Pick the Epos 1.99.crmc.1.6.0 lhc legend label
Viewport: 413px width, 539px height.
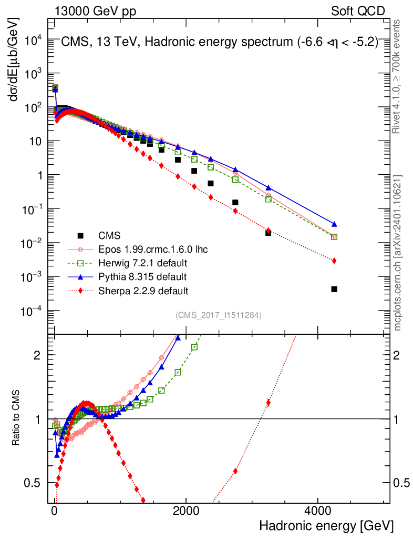coord(153,249)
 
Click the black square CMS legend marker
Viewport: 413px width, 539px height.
coord(80,235)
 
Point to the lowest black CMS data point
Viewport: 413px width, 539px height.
coord(334,289)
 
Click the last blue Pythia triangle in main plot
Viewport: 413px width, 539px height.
coord(334,224)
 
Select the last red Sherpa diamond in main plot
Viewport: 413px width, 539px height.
coord(334,261)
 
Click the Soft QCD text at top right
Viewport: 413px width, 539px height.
coord(358,11)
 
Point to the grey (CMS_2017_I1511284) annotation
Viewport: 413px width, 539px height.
coord(219,315)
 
